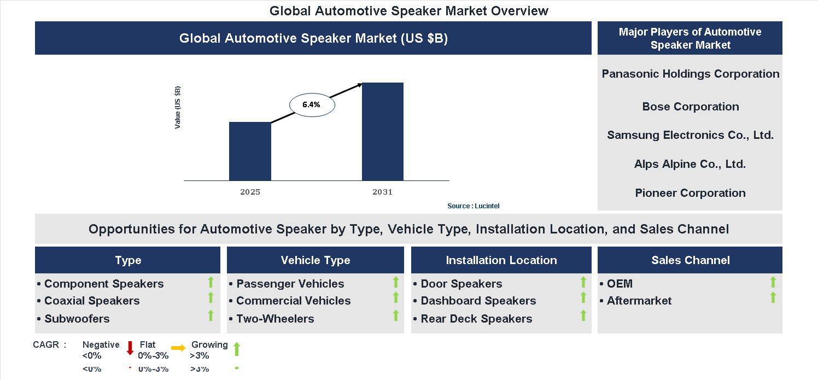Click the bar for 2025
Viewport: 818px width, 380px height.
(x=250, y=151)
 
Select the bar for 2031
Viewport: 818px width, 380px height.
(x=383, y=131)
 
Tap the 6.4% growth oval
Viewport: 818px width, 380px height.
(x=311, y=104)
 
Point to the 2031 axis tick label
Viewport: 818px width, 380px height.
(x=383, y=192)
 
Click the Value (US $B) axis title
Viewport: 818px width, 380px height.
(x=178, y=108)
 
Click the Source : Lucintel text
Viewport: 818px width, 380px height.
(x=473, y=206)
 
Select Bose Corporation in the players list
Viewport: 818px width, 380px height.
(x=690, y=107)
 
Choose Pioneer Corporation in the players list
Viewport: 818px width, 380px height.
(x=690, y=193)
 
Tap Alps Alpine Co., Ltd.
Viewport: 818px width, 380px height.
(x=690, y=164)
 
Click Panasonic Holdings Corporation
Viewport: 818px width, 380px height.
(x=690, y=74)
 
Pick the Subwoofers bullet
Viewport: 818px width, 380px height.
(x=77, y=319)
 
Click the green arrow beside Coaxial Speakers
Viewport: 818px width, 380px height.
(x=211, y=298)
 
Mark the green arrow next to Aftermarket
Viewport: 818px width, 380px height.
(x=773, y=298)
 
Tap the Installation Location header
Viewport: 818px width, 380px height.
(x=501, y=260)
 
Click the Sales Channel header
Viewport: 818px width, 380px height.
(x=690, y=260)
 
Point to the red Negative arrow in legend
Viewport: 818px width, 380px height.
(x=130, y=348)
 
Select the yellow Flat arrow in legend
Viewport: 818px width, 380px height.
(x=178, y=348)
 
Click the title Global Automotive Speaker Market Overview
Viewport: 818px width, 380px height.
(x=408, y=11)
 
